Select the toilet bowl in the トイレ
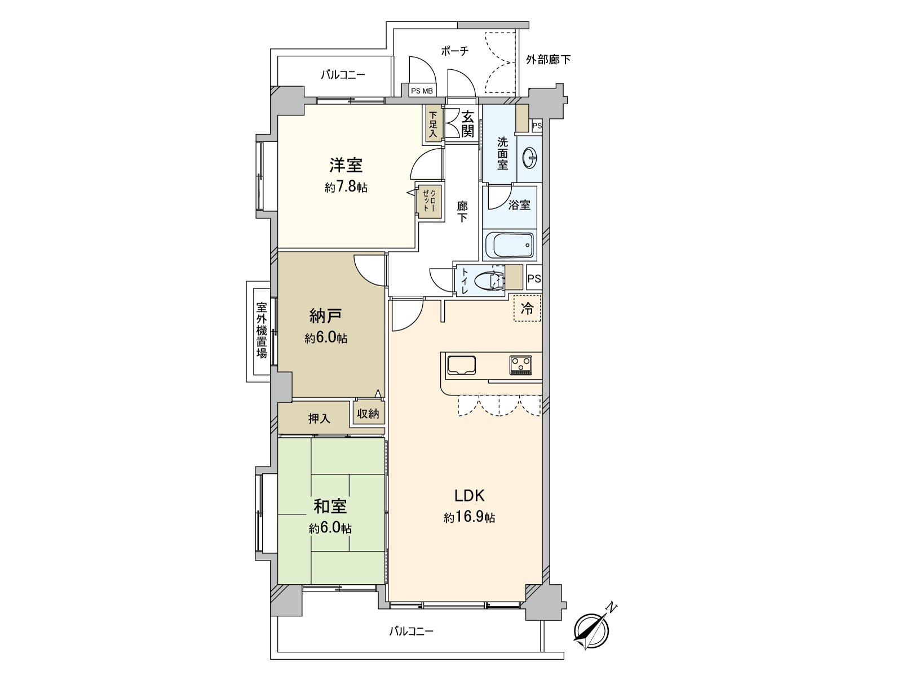pos(488,280)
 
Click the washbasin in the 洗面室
pos(530,158)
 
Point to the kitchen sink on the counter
pos(462,365)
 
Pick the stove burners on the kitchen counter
pos(521,364)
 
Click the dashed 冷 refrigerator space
pos(527,308)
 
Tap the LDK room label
pos(470,496)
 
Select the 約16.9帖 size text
pos(469,517)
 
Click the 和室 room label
pos(330,506)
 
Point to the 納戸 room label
pos(326,315)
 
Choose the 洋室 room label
pos(346,165)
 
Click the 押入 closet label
pos(319,419)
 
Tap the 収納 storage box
pos(368,414)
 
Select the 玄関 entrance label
pos(467,124)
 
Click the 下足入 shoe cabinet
pos(433,125)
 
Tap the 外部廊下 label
pos(548,59)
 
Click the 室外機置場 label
pos(262,330)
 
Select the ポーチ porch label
pos(454,51)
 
